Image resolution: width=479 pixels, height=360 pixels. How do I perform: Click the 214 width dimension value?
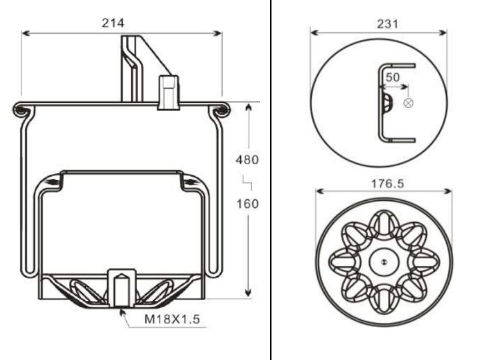point(113,23)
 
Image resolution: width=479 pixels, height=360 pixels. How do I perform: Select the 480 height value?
point(247,160)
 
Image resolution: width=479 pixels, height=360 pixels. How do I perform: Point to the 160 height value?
point(247,204)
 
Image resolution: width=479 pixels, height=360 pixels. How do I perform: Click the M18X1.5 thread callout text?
point(172,319)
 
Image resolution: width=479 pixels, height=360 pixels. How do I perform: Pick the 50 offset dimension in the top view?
point(393,77)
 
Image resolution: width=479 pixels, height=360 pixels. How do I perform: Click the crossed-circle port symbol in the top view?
point(409,103)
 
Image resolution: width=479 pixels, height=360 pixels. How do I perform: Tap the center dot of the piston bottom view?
point(383,262)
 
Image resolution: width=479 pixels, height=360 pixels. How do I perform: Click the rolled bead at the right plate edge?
point(221,111)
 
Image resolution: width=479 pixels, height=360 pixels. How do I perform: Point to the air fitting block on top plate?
point(168,93)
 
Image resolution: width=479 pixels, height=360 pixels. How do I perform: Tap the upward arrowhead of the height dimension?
point(248,107)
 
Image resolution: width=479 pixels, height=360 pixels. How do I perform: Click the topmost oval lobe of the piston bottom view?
point(383,223)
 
